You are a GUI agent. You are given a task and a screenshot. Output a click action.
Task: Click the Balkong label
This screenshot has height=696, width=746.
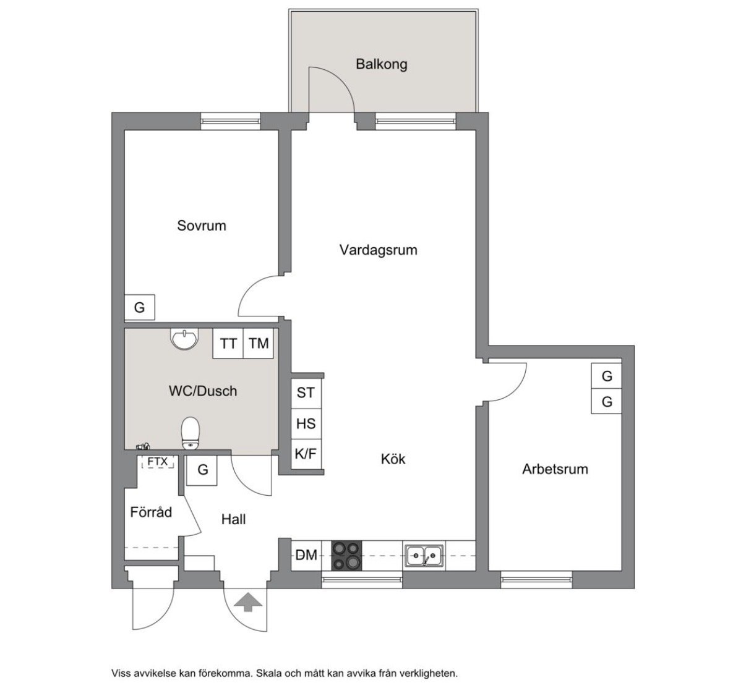[381, 64]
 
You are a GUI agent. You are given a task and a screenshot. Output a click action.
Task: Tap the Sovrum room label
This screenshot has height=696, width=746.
[202, 226]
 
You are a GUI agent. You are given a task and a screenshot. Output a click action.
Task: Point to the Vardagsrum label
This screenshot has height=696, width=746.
[379, 250]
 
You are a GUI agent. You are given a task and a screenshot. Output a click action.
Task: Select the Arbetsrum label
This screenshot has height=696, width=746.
[555, 469]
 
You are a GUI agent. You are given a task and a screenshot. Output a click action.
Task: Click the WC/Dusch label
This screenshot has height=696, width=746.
[203, 391]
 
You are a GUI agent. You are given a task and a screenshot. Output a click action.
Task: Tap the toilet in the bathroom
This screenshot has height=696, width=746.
[190, 433]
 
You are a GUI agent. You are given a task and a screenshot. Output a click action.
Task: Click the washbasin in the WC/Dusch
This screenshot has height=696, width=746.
[184, 339]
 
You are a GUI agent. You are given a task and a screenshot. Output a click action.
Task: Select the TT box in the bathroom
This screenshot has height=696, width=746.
[228, 343]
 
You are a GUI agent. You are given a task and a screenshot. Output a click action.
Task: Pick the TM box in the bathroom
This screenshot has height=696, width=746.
[259, 343]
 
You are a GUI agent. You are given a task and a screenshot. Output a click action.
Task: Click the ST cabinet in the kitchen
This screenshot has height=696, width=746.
[306, 393]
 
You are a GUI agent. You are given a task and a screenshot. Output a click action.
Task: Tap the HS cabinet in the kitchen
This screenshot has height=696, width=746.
[306, 424]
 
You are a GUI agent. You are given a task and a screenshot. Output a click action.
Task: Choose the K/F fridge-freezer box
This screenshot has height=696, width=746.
[306, 454]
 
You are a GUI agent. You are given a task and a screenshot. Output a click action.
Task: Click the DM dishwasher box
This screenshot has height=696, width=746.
[306, 555]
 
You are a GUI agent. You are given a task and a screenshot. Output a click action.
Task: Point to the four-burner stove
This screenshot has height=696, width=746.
[346, 556]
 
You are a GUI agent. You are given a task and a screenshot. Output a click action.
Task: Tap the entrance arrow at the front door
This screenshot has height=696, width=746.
[248, 602]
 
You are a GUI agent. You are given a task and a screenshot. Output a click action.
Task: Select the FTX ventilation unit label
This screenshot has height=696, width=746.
[157, 461]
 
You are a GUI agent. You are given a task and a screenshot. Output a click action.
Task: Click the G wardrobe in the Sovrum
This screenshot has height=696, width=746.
[139, 307]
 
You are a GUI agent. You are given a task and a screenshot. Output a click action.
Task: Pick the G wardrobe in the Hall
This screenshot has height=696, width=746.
[202, 470]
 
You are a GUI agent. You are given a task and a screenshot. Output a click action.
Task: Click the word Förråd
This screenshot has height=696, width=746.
[151, 512]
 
